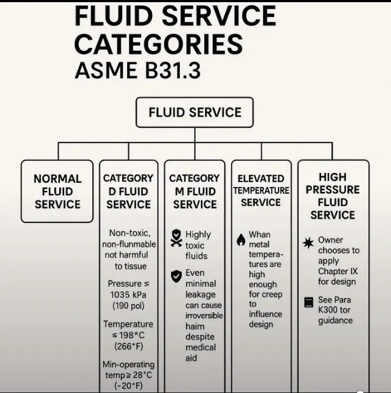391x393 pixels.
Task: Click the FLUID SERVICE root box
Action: tap(194, 113)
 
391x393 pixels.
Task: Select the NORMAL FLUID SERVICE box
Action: tap(57, 191)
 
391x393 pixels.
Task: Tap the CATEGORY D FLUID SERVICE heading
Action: tap(128, 191)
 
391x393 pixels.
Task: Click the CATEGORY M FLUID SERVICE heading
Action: tap(194, 191)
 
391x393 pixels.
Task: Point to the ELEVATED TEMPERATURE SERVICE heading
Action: tap(261, 190)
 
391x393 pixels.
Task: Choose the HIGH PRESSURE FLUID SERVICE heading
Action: tap(332, 196)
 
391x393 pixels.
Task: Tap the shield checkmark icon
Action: tap(176, 276)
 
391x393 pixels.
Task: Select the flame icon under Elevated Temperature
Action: tap(241, 240)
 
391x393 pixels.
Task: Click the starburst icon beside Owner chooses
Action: tap(308, 243)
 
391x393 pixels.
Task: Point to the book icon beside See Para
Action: tap(308, 302)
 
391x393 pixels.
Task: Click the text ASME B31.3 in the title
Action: tap(138, 70)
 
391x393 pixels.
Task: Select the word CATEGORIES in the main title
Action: tap(158, 44)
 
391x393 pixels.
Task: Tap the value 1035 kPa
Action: tap(128, 295)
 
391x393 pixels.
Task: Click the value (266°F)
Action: tap(128, 346)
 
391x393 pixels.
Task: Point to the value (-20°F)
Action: tap(128, 385)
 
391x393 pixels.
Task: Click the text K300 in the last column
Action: tap(330, 310)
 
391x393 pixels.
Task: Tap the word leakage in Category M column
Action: tap(200, 294)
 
